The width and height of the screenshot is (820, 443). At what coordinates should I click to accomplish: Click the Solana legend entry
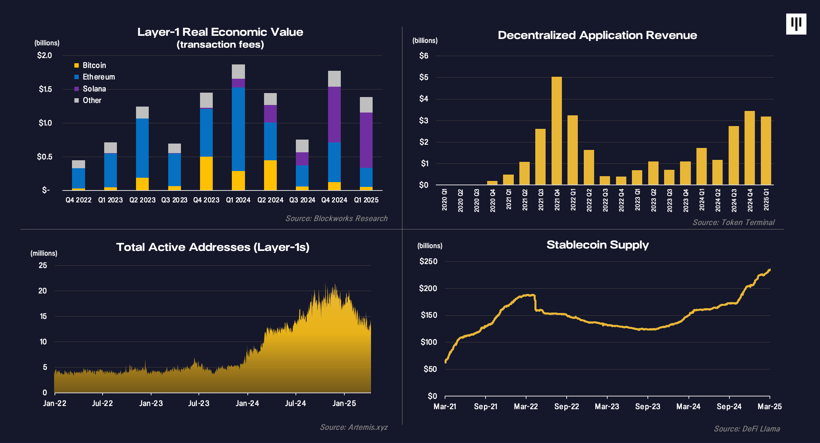point(94,89)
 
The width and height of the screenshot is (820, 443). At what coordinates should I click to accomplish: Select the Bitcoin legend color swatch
point(77,65)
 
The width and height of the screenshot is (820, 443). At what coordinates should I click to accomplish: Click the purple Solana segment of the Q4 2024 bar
point(334,114)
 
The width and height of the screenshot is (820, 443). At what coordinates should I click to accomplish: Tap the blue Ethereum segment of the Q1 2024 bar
point(238,129)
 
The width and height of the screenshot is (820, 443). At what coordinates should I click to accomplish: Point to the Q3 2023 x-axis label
point(174,200)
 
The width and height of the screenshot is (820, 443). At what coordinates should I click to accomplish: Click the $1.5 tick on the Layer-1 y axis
point(45,89)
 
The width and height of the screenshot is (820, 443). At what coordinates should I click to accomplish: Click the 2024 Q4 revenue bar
point(749,148)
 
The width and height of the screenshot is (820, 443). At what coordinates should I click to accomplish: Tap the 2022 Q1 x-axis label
point(573,200)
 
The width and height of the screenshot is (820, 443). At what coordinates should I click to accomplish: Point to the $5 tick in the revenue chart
point(424,77)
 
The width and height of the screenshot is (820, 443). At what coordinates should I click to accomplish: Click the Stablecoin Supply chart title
point(597,245)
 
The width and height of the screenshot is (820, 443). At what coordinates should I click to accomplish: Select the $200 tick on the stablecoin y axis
point(428,288)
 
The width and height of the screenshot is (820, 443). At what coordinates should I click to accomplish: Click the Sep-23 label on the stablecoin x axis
point(647,406)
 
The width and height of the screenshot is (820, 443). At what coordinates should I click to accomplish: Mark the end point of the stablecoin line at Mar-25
point(769,270)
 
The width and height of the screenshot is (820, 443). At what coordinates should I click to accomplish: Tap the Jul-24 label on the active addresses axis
point(295,403)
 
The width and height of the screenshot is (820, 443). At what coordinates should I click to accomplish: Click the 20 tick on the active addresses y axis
point(43,291)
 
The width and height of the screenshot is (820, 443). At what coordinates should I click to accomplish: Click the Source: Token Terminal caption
point(733,222)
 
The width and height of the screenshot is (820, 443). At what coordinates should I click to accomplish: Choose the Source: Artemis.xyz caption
point(354,427)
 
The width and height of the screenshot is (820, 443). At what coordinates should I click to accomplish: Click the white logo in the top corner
point(796,24)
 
